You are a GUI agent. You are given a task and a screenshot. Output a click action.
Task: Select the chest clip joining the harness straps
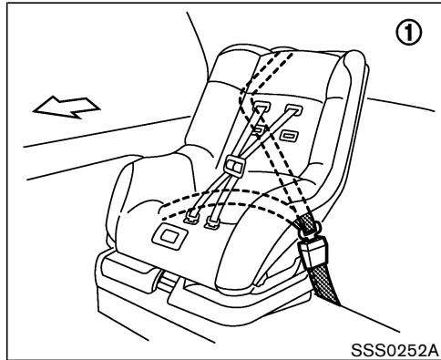(x=233, y=165)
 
